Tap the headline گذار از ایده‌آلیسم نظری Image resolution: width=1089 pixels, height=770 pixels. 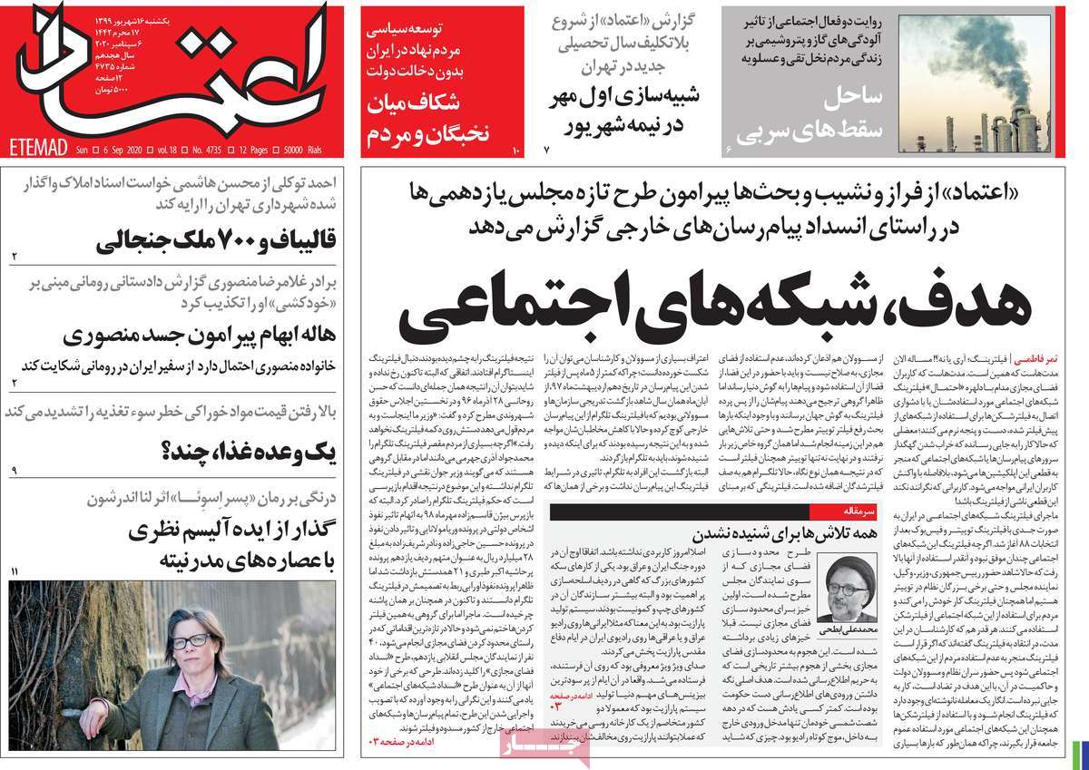[x=232, y=531]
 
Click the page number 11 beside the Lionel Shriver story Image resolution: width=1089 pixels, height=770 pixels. [x=15, y=570]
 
